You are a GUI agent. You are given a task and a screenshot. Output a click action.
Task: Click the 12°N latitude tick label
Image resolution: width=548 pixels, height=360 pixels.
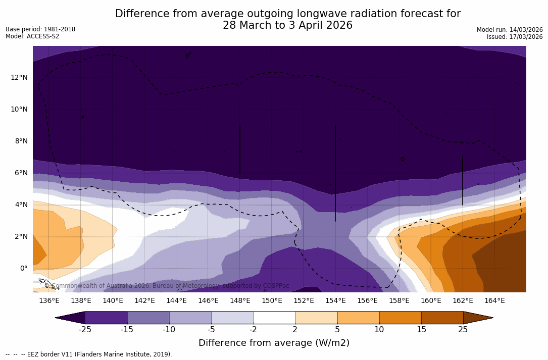pos(19,77)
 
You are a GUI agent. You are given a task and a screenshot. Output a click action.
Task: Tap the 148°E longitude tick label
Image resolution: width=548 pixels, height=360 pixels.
pos(240,300)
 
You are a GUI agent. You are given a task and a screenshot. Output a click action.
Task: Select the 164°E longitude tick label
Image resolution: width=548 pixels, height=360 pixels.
pos(494,300)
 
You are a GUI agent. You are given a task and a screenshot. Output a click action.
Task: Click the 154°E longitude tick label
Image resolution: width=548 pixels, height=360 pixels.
pos(335,300)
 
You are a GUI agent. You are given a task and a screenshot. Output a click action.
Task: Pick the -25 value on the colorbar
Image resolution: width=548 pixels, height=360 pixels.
pos(85,330)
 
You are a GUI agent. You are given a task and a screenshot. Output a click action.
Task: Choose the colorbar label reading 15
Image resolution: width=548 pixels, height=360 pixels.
pos(421,330)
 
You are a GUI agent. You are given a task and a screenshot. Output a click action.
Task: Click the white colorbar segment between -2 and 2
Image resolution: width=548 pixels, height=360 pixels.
pos(274,318)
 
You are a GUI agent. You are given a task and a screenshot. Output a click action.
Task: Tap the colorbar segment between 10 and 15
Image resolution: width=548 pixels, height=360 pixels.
pos(400,318)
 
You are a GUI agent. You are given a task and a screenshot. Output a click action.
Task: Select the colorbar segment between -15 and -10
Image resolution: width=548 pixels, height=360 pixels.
pos(148,318)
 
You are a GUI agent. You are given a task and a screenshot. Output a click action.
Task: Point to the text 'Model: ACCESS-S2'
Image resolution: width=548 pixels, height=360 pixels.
pos(32,36)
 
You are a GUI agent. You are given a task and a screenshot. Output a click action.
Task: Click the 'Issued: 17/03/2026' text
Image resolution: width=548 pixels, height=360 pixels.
pos(515,37)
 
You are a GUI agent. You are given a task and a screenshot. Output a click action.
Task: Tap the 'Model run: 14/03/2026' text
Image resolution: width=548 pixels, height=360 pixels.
pos(510,30)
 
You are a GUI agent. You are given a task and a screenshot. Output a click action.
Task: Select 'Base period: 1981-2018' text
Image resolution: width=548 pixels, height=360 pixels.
pos(40,29)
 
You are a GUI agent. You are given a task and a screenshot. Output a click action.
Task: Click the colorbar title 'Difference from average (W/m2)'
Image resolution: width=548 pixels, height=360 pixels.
pos(274,343)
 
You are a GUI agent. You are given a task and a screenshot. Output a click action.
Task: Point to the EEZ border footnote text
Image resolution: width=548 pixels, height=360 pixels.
pos(89,354)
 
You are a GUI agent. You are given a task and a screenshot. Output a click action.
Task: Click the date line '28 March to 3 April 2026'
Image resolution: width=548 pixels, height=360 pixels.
pos(287,25)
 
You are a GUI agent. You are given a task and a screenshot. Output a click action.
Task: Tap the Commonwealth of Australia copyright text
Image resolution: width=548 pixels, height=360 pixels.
pos(167,286)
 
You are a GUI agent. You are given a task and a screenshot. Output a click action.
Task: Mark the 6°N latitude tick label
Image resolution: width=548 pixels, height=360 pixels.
pos(20,173)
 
